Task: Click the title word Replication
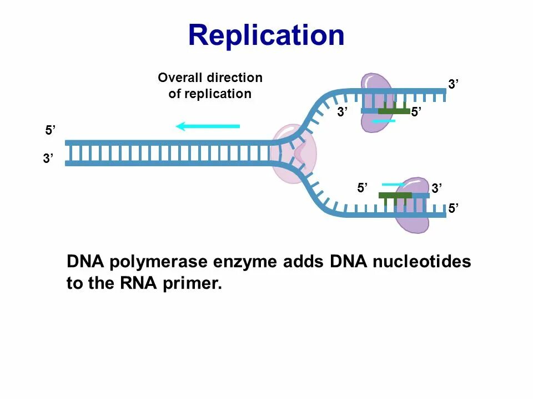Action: click(x=266, y=35)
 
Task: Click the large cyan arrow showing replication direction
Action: click(x=208, y=126)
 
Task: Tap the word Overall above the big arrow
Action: click(x=180, y=78)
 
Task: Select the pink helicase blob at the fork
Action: click(x=293, y=154)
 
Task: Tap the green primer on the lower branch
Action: click(x=395, y=195)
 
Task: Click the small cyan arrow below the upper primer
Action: click(x=383, y=121)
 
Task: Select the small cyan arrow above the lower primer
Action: click(x=393, y=184)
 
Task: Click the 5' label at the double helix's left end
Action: click(x=51, y=131)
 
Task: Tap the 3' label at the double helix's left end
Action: click(x=48, y=159)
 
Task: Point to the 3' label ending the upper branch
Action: click(x=454, y=84)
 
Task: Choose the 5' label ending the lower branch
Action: click(x=454, y=209)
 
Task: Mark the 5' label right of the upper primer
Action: click(x=417, y=112)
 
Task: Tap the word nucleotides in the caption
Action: click(x=421, y=262)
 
